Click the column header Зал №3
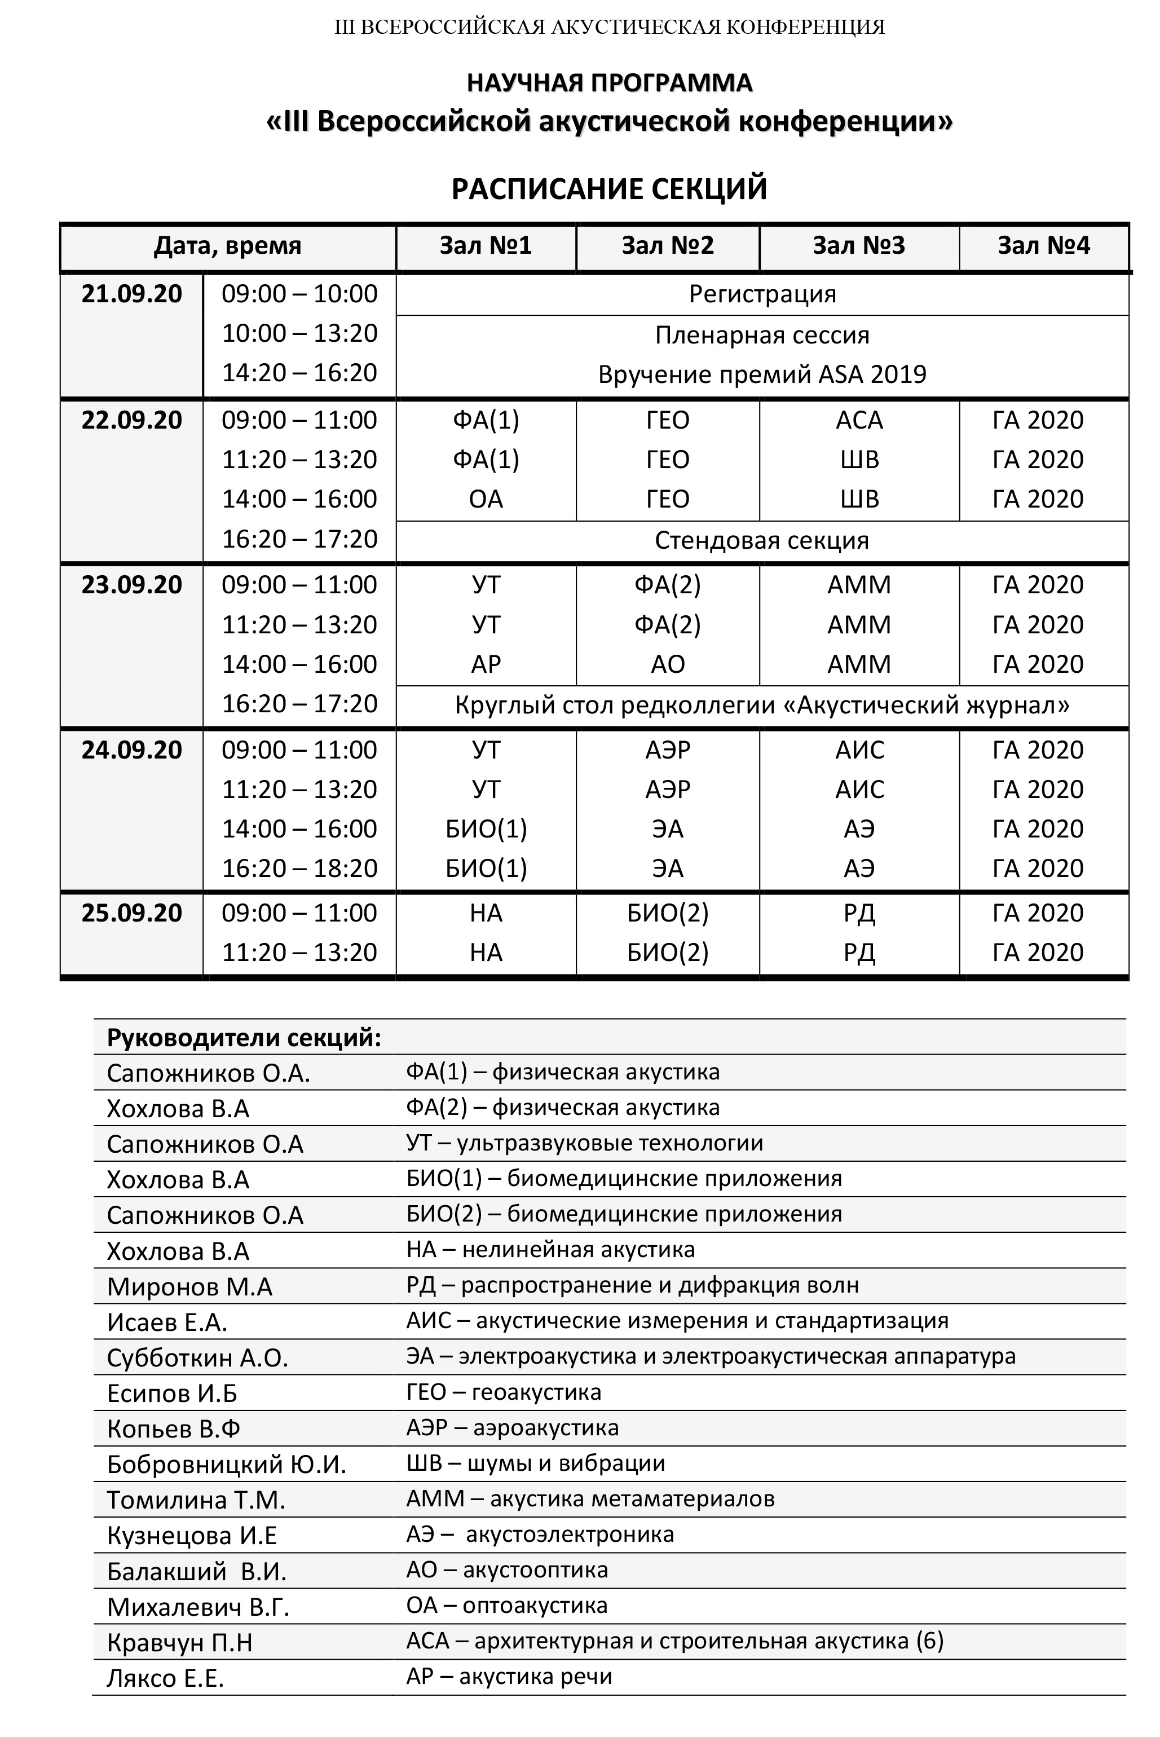click(858, 246)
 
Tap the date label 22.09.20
click(132, 420)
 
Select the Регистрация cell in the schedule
click(762, 294)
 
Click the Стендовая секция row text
click(762, 541)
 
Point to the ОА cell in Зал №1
click(486, 499)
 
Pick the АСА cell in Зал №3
click(859, 420)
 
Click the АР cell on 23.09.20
click(486, 664)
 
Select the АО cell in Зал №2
click(667, 664)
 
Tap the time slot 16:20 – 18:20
click(299, 868)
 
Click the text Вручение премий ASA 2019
click(762, 374)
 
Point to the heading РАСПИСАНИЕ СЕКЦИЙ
click(609, 189)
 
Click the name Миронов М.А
click(189, 1287)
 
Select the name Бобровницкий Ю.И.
click(226, 1465)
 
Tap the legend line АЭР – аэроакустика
click(512, 1428)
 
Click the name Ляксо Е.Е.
click(165, 1678)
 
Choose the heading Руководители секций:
click(244, 1038)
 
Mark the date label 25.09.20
click(132, 914)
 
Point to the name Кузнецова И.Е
click(192, 1536)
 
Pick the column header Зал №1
click(486, 246)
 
